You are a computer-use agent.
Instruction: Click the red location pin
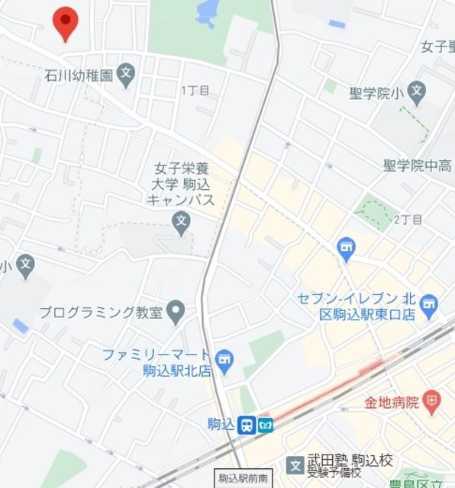pyautogui.click(x=66, y=22)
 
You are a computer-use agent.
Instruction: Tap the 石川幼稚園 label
pyautogui.click(x=78, y=75)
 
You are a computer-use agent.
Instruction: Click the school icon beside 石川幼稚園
pyautogui.click(x=127, y=75)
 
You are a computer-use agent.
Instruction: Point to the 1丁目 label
pyautogui.click(x=195, y=91)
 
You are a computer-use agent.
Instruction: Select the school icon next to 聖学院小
pyautogui.click(x=416, y=95)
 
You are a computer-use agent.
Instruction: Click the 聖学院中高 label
pyautogui.click(x=417, y=165)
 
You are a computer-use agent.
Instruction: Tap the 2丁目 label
pyautogui.click(x=408, y=220)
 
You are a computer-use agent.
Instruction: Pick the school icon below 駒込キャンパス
pyautogui.click(x=181, y=224)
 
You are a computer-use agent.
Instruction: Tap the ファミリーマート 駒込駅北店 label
pyautogui.click(x=157, y=362)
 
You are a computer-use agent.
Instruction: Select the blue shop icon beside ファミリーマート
pyautogui.click(x=224, y=359)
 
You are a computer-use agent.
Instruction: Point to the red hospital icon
pyautogui.click(x=433, y=400)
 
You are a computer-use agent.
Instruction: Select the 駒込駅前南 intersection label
pyautogui.click(x=243, y=479)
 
